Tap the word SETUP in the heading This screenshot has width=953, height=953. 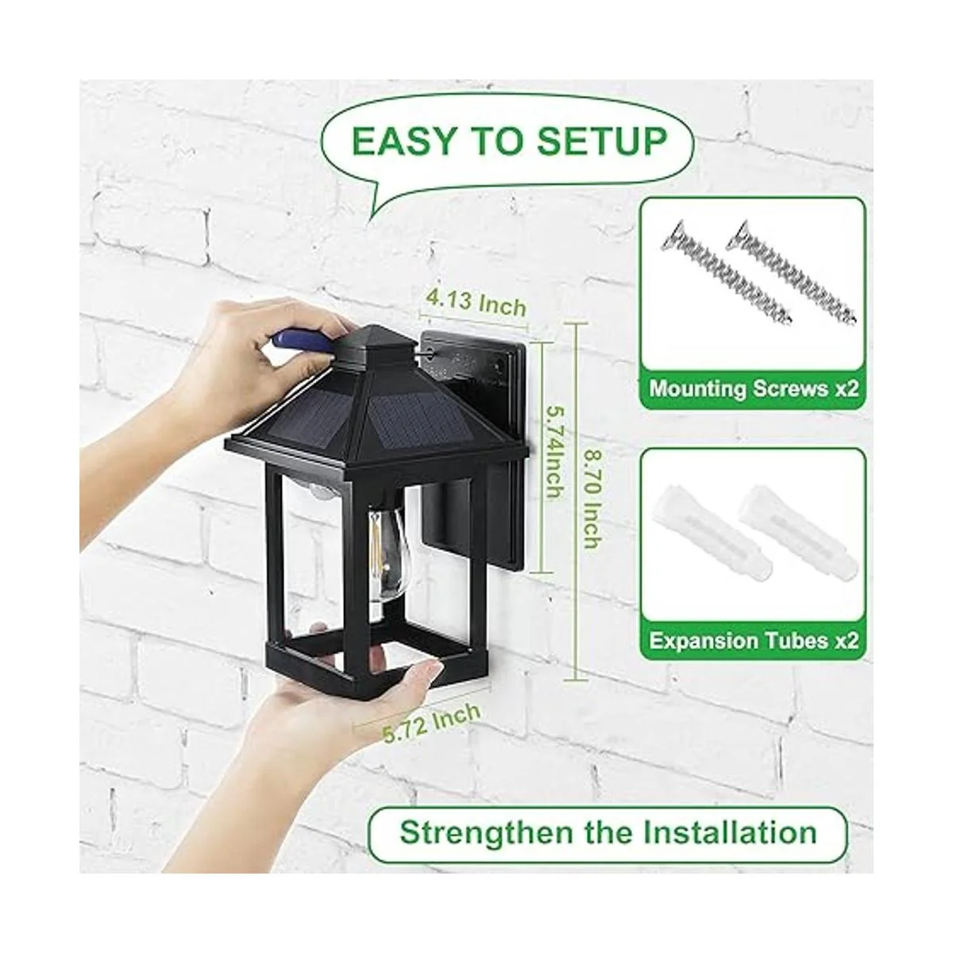[602, 141]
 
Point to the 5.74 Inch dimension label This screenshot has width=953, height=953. [554, 452]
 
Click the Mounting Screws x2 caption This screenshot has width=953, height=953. [754, 388]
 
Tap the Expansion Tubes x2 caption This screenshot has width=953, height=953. [754, 641]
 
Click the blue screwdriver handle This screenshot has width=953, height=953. [299, 341]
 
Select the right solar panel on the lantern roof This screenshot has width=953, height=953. [418, 415]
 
